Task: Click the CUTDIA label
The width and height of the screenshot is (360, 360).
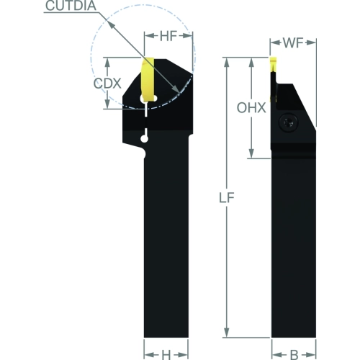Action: pos(71,6)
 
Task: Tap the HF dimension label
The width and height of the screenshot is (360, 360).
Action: pos(168,36)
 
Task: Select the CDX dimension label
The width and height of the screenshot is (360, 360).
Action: pos(107,84)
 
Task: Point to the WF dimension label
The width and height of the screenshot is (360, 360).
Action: pos(293,43)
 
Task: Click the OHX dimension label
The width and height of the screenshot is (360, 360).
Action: pos(251,107)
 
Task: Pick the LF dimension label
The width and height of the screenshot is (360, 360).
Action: pos(227,198)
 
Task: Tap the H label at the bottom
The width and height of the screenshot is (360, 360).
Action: pos(166,354)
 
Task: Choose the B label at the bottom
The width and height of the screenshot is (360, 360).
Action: pos(294,354)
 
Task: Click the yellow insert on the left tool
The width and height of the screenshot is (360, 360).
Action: pos(148,80)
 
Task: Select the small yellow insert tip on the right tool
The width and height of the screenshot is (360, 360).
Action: pos(274,64)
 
